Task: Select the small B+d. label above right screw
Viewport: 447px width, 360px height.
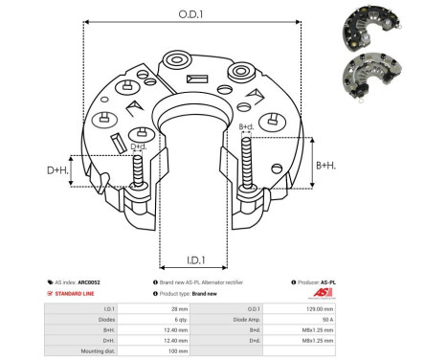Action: coord(245,126)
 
